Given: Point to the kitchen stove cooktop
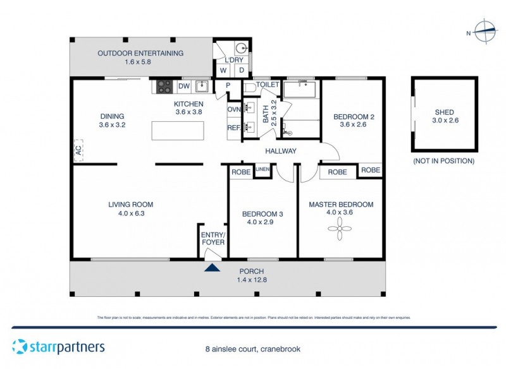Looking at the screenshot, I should [164, 85].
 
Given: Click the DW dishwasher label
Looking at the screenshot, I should [183, 86].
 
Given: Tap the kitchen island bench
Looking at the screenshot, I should [178, 131].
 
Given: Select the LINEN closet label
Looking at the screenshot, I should [262, 169].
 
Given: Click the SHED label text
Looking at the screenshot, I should [443, 112].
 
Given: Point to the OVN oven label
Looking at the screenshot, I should [234, 109].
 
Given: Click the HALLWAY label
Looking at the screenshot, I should [281, 150].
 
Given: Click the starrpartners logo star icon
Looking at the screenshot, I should [20, 347].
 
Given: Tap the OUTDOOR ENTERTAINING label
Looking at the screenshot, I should [140, 53].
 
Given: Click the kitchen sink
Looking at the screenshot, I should [202, 85].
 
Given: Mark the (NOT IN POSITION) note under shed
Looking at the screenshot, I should [443, 161].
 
